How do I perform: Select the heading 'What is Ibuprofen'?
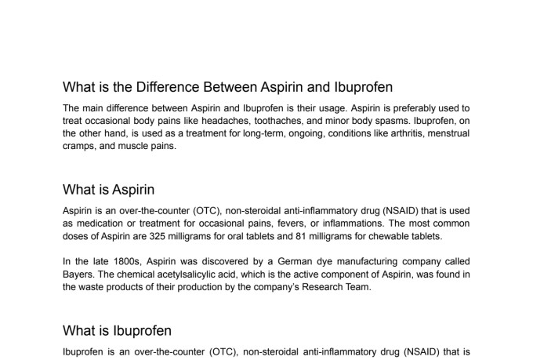click(x=117, y=330)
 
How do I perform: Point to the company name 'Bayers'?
click(x=80, y=274)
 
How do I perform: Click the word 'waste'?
click(x=97, y=286)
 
